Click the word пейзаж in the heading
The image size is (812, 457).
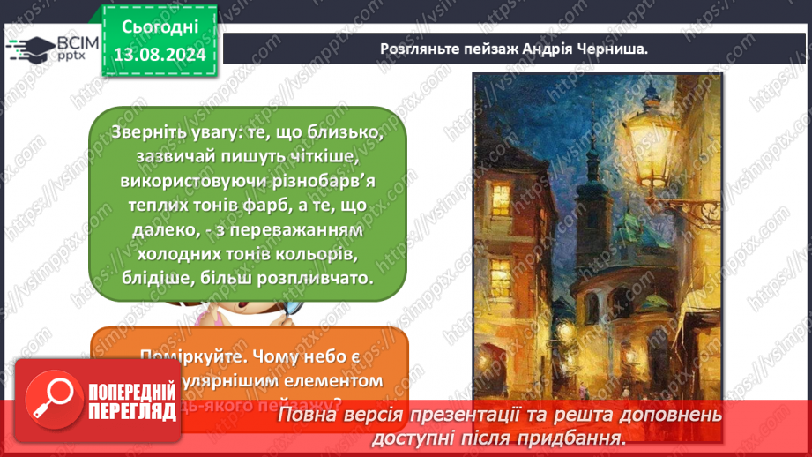[494, 49]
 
